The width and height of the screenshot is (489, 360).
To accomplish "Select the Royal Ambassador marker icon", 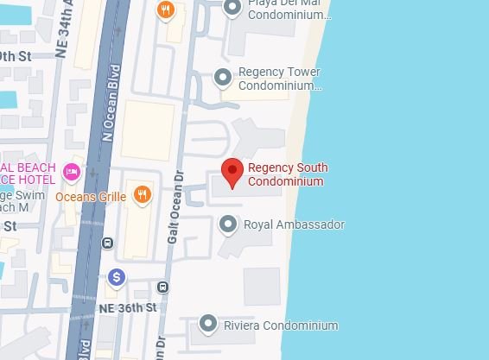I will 228,224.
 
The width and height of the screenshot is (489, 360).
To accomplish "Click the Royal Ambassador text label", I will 294,224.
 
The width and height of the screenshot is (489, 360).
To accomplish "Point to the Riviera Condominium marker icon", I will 207,325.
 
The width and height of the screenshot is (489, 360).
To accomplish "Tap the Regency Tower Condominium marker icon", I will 223,78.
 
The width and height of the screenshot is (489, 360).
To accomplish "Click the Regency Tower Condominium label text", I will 279,79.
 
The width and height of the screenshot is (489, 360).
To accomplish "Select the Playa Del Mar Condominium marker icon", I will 232,8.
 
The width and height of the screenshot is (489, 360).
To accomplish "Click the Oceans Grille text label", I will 91,197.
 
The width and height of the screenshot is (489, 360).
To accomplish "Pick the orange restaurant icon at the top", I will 166,9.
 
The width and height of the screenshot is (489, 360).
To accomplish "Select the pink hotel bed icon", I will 72,173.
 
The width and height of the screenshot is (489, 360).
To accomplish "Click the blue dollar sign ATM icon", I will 117,277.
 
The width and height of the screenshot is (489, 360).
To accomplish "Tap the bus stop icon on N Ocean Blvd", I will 107,243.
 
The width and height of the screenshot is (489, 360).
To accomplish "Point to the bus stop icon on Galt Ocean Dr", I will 163,287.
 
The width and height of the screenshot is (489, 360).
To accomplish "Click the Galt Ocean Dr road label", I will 172,208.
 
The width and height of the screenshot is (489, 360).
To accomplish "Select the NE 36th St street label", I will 128,307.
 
